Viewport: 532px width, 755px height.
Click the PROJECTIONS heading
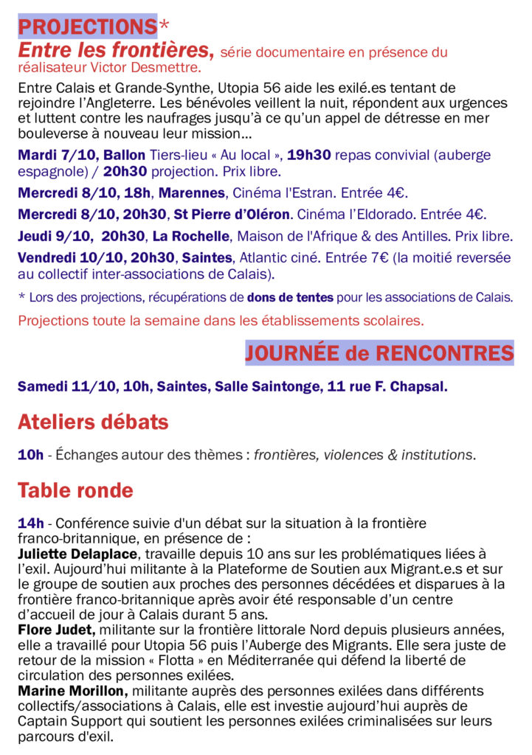tap(87, 27)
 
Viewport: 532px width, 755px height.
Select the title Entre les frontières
tap(115, 51)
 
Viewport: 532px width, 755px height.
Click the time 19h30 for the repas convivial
tap(309, 156)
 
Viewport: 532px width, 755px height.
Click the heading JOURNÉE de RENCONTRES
tap(379, 353)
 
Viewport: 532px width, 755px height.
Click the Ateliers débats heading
tap(93, 422)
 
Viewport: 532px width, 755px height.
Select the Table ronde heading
tap(75, 490)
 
